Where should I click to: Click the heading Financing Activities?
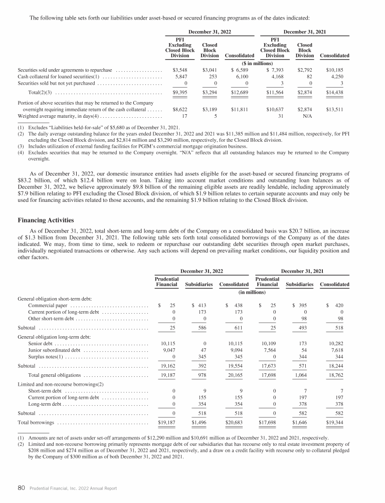tap(46, 220)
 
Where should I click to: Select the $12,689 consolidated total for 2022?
tap(242, 92)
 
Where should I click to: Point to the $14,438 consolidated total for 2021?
tap(337, 92)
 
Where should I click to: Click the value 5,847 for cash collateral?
tap(179, 76)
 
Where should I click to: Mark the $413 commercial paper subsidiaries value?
tap(201, 305)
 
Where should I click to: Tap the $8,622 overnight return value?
tap(179, 109)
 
